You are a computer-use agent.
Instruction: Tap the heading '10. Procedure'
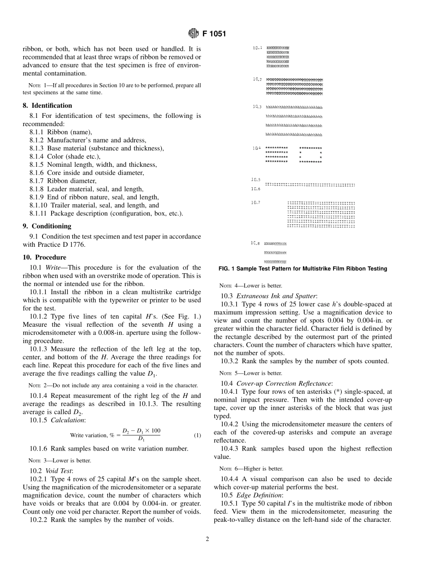pyautogui.click(x=44, y=257)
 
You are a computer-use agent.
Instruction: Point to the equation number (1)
pyautogui.click(x=197, y=435)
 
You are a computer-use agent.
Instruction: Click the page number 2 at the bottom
pyautogui.click(x=207, y=539)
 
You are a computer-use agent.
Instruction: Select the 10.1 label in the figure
pyautogui.click(x=257, y=48)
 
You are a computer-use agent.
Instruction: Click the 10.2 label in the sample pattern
pyautogui.click(x=257, y=79)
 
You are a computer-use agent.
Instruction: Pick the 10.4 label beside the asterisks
pyautogui.click(x=257, y=148)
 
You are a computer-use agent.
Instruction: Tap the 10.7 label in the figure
pyautogui.click(x=256, y=202)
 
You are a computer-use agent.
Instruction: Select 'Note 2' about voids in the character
pyautogui.click(x=36, y=385)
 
